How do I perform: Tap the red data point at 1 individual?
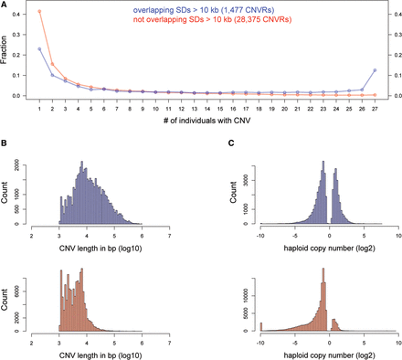(39, 12)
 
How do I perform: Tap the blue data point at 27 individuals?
(375, 70)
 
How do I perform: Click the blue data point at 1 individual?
(39, 49)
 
